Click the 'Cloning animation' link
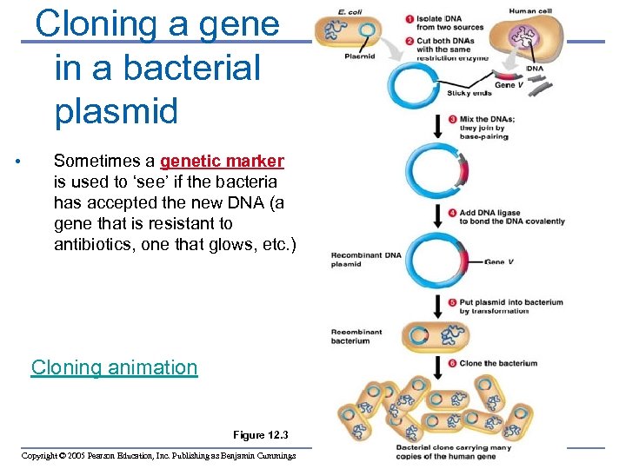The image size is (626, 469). [114, 367]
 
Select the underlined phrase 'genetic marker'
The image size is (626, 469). [222, 161]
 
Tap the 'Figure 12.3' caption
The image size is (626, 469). [260, 434]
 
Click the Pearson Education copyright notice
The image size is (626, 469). [158, 456]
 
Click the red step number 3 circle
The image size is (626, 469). [452, 119]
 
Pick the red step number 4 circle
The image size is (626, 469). [452, 212]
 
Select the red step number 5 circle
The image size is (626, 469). [452, 302]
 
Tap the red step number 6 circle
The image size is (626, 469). [452, 363]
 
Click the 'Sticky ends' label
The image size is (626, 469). [469, 93]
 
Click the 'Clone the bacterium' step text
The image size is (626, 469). [498, 363]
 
